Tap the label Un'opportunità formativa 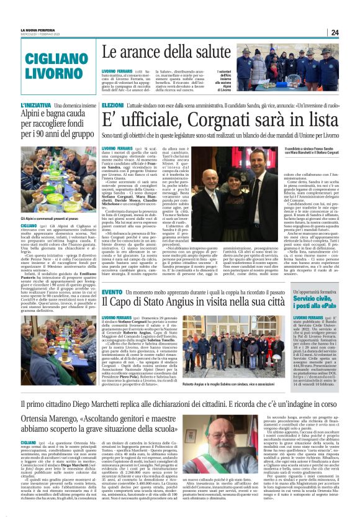point(317,291)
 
